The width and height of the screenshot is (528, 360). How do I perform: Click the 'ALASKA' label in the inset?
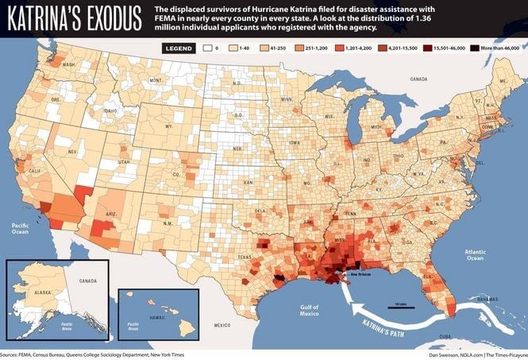(x=32, y=292)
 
